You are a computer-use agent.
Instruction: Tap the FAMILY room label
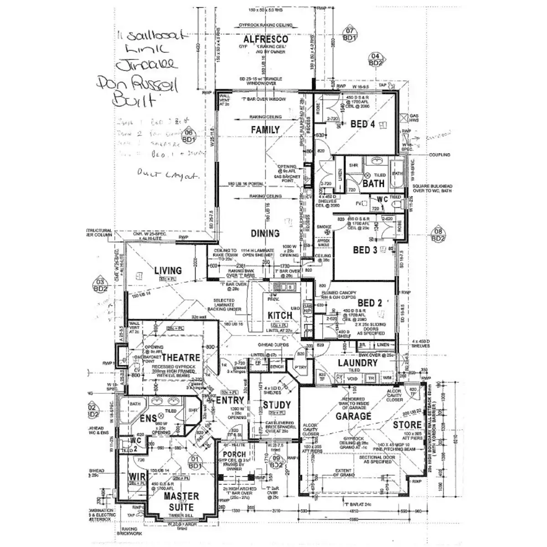point(265,130)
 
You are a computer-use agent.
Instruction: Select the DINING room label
point(265,233)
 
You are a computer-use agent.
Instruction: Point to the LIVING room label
point(168,270)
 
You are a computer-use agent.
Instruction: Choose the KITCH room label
point(280,316)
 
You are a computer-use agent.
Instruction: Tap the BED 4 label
point(363,124)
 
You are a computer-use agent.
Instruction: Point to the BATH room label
point(374,183)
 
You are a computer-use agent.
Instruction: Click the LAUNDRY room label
point(357,363)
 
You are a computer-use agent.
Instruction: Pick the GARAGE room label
point(354,416)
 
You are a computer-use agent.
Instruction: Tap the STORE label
point(407,425)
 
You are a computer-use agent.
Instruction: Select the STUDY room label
point(277,405)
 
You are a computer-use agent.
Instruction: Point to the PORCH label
point(234,454)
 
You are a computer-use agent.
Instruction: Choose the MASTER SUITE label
point(181,501)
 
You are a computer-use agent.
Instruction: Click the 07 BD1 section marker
point(350,35)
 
